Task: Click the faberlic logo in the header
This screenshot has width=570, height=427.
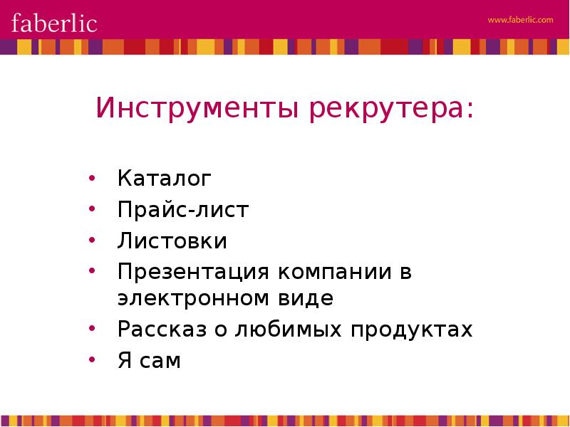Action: click(54, 23)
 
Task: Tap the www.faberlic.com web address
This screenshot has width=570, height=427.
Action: click(520, 20)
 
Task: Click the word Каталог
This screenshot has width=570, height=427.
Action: click(165, 179)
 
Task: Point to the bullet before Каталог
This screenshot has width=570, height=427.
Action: click(92, 178)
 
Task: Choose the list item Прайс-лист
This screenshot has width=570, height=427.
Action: click(183, 209)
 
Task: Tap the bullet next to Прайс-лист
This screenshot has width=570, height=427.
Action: click(92, 209)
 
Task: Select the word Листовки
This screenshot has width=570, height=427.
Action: click(172, 241)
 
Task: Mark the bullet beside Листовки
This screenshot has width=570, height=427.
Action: click(92, 240)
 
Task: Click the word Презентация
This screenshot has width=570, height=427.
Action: click(193, 273)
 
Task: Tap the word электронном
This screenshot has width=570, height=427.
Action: click(193, 299)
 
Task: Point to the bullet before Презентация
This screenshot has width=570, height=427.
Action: click(92, 270)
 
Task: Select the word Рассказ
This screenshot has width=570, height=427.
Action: click(162, 330)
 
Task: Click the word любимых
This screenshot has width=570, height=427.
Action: click(289, 330)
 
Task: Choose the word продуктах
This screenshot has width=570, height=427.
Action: click(412, 330)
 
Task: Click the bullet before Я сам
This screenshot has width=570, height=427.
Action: click(92, 360)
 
